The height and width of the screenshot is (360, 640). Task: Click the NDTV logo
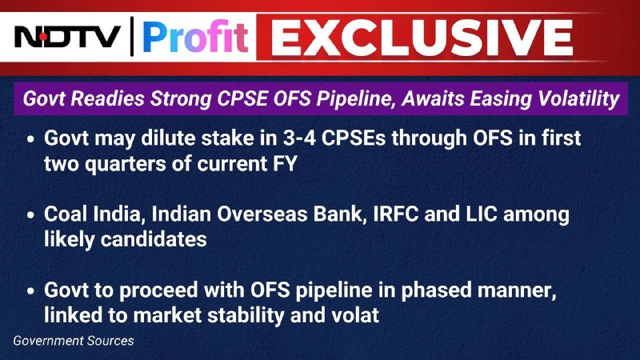(x=67, y=37)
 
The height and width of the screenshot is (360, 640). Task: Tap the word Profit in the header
(x=195, y=37)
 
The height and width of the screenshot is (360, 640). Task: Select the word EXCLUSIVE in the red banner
(x=422, y=37)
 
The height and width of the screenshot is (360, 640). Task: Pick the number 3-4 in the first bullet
(x=298, y=138)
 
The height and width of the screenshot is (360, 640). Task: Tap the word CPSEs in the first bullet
(x=354, y=138)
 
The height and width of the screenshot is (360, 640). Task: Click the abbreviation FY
(x=285, y=164)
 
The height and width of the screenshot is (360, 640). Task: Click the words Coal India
(x=94, y=214)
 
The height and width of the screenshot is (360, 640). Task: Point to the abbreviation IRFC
(x=396, y=214)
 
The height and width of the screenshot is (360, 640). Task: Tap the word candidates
(x=154, y=239)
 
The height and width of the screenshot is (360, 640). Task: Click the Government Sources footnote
(x=74, y=341)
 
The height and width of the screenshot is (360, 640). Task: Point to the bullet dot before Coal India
(x=30, y=214)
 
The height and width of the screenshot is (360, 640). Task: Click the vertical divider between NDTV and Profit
(x=132, y=37)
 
